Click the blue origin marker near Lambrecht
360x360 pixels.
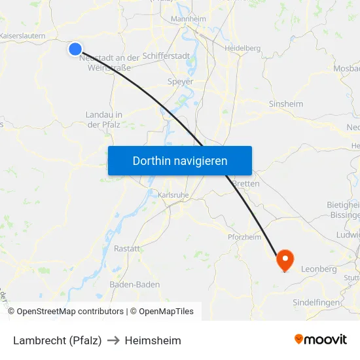(75, 48)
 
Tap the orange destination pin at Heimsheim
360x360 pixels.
(285, 260)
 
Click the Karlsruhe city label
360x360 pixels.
(173, 195)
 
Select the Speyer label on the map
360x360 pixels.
(181, 82)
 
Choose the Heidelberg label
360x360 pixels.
(242, 48)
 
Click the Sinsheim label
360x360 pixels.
(286, 103)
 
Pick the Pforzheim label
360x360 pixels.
(244, 237)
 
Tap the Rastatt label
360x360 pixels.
(127, 249)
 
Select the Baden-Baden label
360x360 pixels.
(135, 285)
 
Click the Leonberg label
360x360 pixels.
(319, 269)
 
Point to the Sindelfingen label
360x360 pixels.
(316, 302)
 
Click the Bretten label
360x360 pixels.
(246, 184)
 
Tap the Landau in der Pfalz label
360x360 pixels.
(104, 119)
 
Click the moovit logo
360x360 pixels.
(320, 339)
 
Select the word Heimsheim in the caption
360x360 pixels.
(153, 340)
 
